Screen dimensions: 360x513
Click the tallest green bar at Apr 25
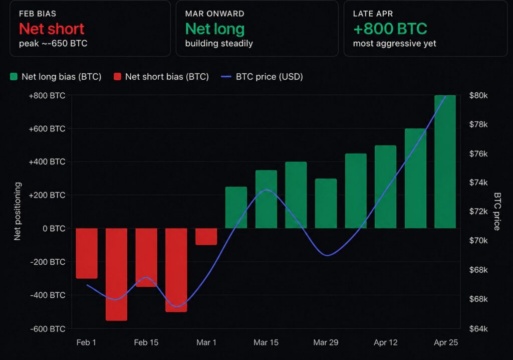pyautogui.click(x=445, y=161)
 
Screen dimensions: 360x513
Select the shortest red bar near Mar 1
pyautogui.click(x=206, y=237)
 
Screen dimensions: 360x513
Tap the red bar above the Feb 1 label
pyautogui.click(x=87, y=253)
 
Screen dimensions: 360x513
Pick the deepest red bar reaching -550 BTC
pyautogui.click(x=116, y=274)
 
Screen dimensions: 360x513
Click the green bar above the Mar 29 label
pyautogui.click(x=326, y=203)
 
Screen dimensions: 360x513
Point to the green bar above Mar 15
pyautogui.click(x=266, y=199)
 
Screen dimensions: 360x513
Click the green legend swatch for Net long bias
pyautogui.click(x=14, y=77)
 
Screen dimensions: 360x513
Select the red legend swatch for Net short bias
pyautogui.click(x=117, y=77)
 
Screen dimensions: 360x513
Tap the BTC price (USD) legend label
pyautogui.click(x=269, y=77)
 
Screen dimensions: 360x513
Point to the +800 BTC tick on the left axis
pyautogui.click(x=47, y=95)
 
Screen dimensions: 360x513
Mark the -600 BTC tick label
pyautogui.click(x=48, y=329)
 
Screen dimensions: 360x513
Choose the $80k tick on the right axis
pyautogui.click(x=478, y=95)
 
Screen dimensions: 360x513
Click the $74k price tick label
pyautogui.click(x=478, y=183)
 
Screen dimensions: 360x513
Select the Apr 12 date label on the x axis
pyautogui.click(x=386, y=343)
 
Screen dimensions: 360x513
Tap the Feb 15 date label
pyautogui.click(x=146, y=343)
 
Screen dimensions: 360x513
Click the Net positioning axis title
pyautogui.click(x=18, y=211)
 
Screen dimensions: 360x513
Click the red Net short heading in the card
pyautogui.click(x=52, y=29)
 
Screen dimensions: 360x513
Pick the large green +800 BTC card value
pyautogui.click(x=390, y=29)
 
